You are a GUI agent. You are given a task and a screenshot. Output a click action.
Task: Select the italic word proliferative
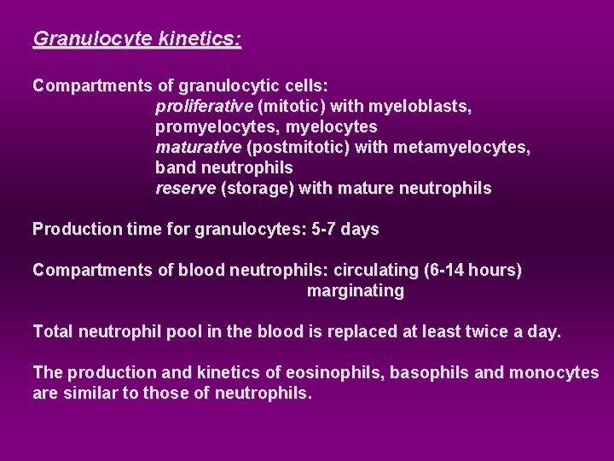(x=204, y=107)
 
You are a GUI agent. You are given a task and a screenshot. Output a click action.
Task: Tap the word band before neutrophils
(x=176, y=168)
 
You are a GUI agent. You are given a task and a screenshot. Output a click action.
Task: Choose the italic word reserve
(x=185, y=189)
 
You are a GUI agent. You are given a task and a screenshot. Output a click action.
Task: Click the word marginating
(x=355, y=291)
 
